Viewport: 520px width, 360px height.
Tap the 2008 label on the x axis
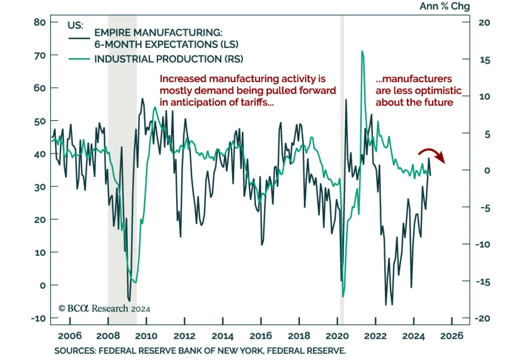108,336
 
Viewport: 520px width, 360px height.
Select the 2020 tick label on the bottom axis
337,336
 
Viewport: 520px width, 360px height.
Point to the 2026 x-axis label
452,336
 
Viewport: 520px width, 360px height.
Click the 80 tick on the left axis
40,22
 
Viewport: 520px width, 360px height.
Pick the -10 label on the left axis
38,318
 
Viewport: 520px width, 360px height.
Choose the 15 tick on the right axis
485,60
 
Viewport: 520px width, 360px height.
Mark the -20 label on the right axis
482,318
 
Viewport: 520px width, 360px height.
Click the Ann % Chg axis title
444,6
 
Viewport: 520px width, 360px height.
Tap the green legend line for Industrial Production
79,59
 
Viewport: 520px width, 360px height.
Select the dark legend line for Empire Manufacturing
79,38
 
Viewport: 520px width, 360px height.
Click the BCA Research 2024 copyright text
104,308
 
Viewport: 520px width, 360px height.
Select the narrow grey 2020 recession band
342,163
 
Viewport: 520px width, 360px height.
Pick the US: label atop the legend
75,25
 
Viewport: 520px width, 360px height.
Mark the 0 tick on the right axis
487,170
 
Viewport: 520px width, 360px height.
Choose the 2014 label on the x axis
223,336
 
